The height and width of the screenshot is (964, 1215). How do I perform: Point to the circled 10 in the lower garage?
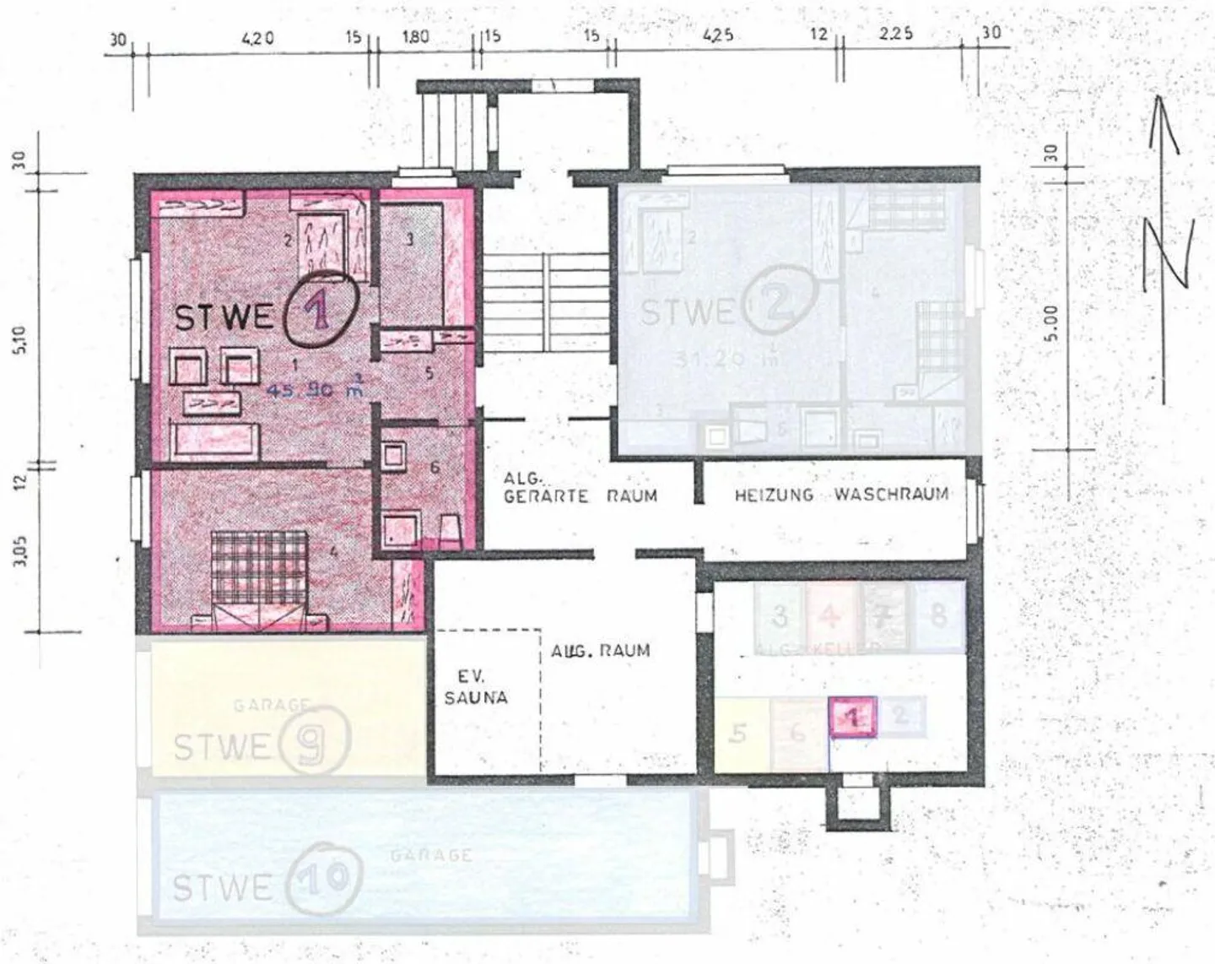[325, 879]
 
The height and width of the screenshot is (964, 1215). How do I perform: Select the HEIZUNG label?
[773, 495]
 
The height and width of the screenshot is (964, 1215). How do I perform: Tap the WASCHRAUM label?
[891, 494]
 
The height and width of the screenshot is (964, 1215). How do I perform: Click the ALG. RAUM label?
[600, 651]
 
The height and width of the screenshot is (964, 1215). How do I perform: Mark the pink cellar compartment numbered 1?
[853, 718]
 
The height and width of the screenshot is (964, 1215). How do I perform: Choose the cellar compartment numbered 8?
[938, 615]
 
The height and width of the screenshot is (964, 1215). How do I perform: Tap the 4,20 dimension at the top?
[257, 37]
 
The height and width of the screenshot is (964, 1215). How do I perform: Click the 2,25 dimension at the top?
[895, 34]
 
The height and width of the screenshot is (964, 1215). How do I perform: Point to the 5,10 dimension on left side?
[20, 339]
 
